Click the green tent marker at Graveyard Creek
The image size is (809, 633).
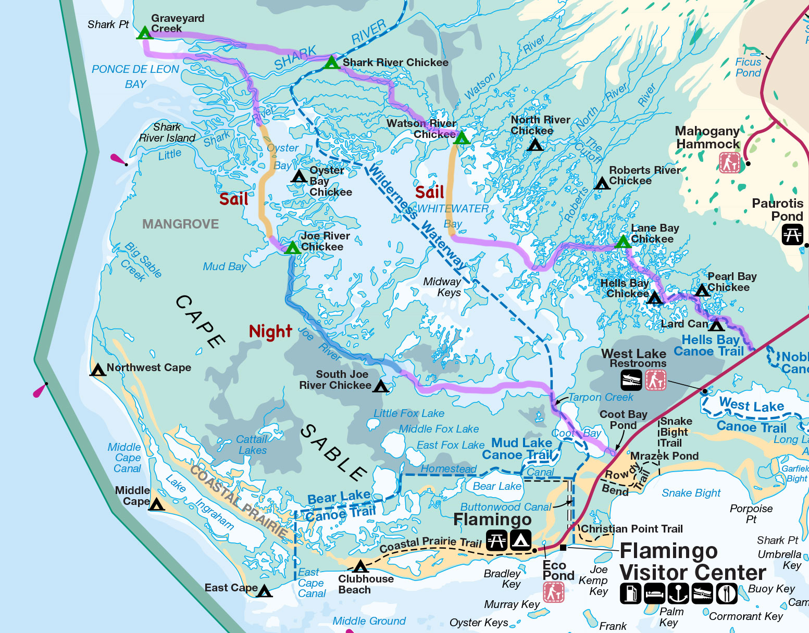click(144, 33)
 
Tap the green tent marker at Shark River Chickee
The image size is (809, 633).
click(331, 63)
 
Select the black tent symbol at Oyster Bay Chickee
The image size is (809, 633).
click(299, 176)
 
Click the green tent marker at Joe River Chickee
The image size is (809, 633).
click(292, 247)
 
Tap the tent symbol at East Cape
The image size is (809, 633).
click(265, 591)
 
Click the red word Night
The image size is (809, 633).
click(270, 331)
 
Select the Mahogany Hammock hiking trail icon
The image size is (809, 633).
click(729, 163)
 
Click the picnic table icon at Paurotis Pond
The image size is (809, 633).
click(792, 234)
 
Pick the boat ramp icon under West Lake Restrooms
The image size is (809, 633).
click(631, 380)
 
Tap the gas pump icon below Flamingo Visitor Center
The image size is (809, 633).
click(630, 593)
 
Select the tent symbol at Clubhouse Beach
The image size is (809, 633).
click(360, 566)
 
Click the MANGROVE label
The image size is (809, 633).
click(180, 224)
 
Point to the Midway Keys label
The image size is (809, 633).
click(442, 287)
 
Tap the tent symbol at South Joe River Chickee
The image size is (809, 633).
click(381, 386)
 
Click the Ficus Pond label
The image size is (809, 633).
click(748, 67)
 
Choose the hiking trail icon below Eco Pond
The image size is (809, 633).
click(553, 592)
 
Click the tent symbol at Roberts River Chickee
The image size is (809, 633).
click(602, 183)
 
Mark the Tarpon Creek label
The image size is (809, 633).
click(601, 397)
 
